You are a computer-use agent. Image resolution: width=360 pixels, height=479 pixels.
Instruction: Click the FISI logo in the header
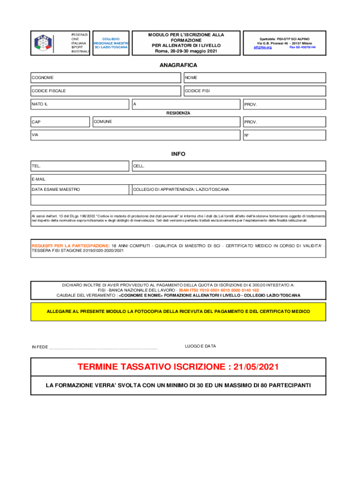click(43, 43)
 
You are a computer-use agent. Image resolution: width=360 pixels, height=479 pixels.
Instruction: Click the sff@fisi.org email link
click(263, 47)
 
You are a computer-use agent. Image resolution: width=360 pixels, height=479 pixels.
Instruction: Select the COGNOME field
click(105, 77)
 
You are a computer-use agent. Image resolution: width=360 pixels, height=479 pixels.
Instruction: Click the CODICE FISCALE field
click(105, 90)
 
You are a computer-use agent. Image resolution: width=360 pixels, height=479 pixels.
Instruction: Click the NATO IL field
click(79, 104)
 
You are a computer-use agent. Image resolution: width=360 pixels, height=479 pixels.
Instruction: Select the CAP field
click(59, 122)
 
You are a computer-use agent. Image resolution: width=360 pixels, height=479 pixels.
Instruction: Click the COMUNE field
click(166, 122)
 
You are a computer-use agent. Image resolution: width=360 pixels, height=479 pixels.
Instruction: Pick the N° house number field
click(284, 135)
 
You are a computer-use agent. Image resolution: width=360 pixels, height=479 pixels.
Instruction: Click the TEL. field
click(79, 166)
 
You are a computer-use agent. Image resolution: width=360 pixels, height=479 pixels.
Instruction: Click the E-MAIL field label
click(39, 179)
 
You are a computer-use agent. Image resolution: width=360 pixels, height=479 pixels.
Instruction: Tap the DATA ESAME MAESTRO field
click(79, 189)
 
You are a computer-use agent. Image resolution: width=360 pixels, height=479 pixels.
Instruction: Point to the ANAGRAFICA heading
click(179, 65)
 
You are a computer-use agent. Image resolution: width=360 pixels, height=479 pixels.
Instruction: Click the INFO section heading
click(179, 154)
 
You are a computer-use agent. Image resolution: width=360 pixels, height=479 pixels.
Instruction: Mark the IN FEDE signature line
click(103, 347)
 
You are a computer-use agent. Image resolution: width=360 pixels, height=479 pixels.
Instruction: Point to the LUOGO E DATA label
click(201, 346)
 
